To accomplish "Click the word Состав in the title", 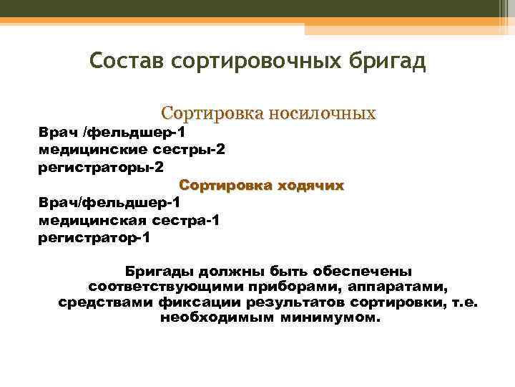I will [x=127, y=62].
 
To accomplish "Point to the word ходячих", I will [x=308, y=185].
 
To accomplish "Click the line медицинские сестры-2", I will [x=132, y=149].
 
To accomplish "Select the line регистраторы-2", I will [x=101, y=166].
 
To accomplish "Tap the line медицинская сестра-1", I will [x=129, y=221].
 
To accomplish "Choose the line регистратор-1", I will [x=94, y=238].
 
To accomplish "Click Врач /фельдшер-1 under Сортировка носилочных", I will [x=112, y=132].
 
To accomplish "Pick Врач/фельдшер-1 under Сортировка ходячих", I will [x=109, y=204].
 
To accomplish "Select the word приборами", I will [x=277, y=287].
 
